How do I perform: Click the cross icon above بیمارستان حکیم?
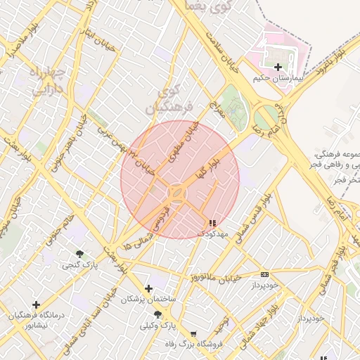click(x=278, y=67)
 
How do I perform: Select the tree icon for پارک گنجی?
click(x=79, y=254)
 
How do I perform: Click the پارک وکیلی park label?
click(x=156, y=326)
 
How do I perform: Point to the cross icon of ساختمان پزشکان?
click(x=148, y=288)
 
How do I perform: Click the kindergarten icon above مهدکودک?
click(x=212, y=223)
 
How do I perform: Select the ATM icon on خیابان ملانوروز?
click(x=264, y=274)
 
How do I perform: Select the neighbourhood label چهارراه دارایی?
click(x=48, y=80)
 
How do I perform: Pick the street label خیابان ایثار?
click(x=93, y=35)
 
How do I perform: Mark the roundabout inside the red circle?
click(x=176, y=191)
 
